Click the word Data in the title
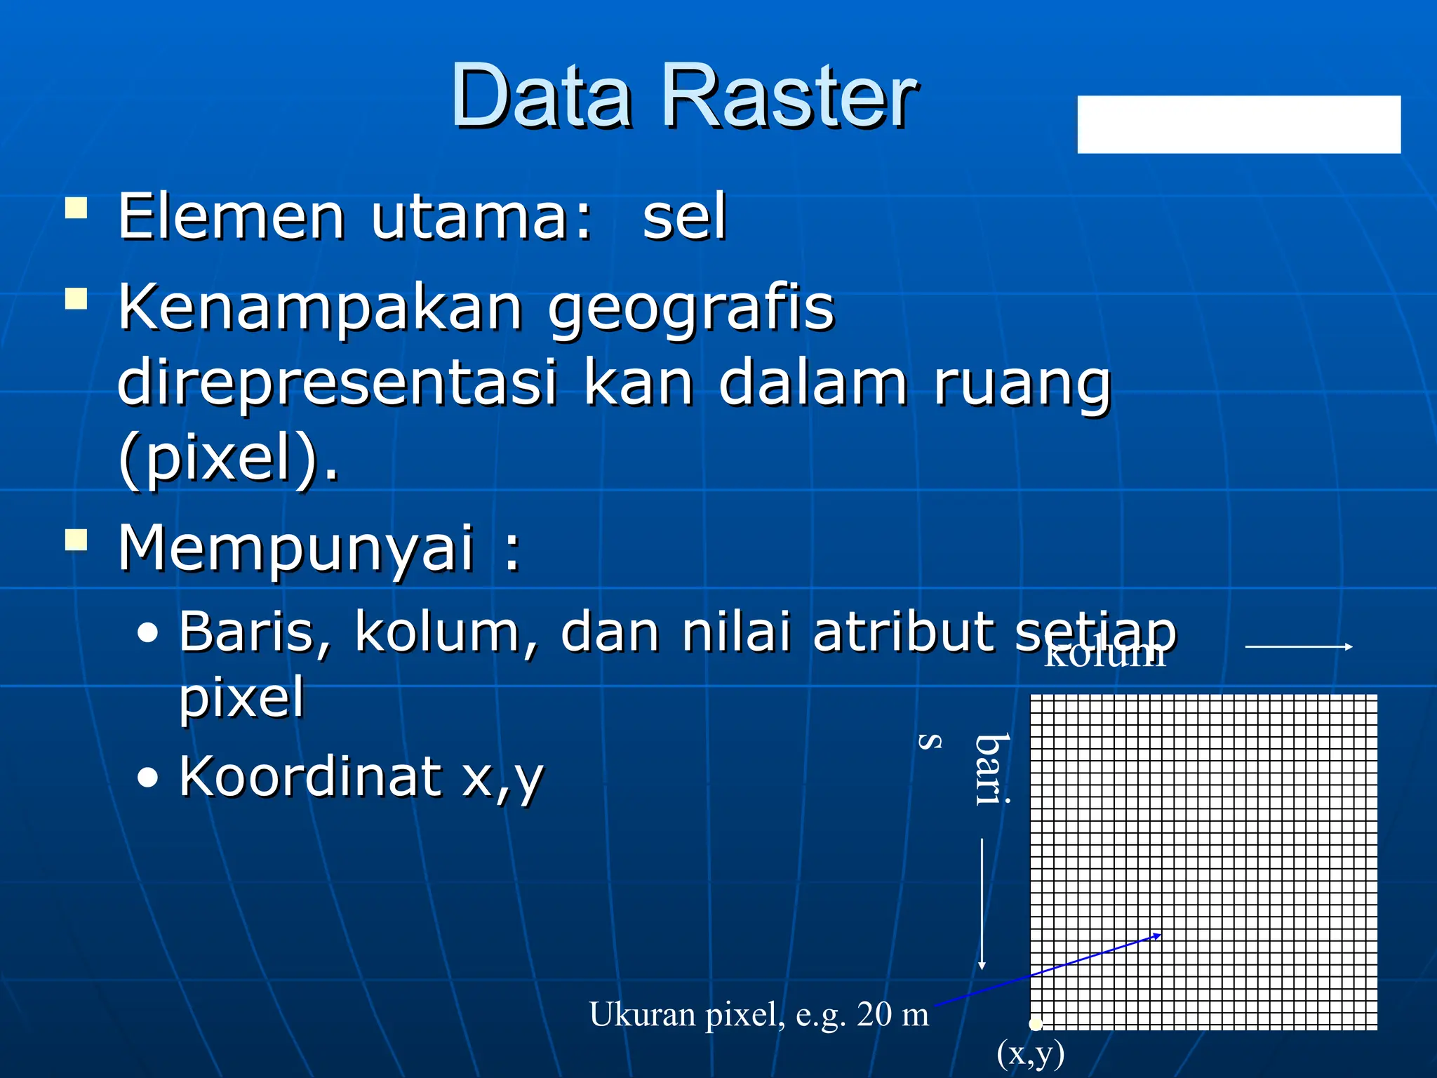542,96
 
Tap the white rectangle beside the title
1238,124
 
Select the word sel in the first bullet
684,218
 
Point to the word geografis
691,309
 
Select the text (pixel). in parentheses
229,460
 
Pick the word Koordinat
309,777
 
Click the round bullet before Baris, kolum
148,634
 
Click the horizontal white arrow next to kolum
1298,646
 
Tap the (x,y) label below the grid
1030,1053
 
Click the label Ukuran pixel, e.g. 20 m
758,1015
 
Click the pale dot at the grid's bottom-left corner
1036,1024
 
